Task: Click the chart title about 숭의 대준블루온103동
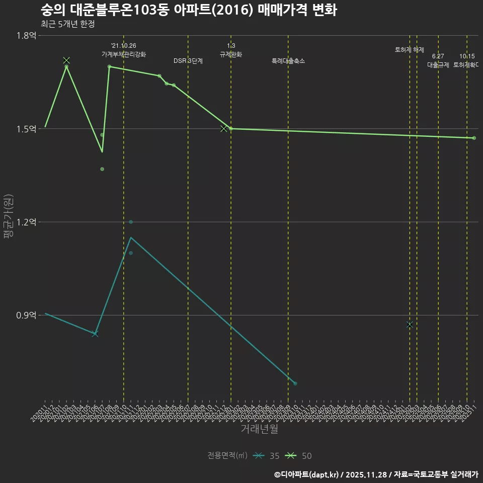click(189, 10)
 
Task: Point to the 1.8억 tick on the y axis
click(26, 35)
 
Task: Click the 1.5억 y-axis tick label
click(26, 129)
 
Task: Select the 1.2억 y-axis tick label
click(26, 222)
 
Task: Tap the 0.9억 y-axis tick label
click(26, 315)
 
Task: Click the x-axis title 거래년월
click(259, 429)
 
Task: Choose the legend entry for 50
click(299, 456)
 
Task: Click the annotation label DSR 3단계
click(188, 61)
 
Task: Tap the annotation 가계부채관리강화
click(124, 54)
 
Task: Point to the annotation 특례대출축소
click(288, 61)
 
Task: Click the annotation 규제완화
click(231, 54)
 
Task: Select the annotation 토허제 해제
click(410, 50)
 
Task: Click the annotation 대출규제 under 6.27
click(438, 65)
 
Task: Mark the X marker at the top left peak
click(66, 60)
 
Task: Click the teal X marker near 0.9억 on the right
click(410, 325)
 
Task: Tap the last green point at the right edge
click(474, 138)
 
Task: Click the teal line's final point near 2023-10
click(295, 383)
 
